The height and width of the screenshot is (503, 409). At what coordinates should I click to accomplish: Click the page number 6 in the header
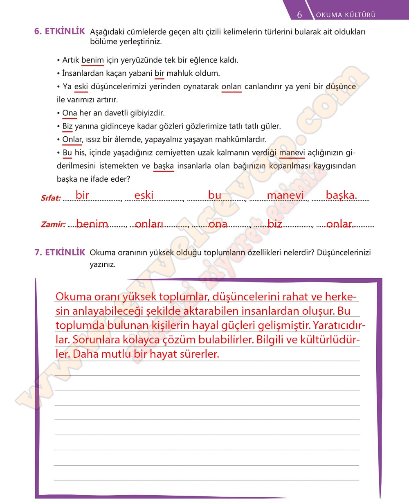coord(299,15)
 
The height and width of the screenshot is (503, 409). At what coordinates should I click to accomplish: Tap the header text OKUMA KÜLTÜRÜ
coord(346,15)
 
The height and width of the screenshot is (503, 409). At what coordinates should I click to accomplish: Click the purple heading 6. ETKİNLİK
coord(60,31)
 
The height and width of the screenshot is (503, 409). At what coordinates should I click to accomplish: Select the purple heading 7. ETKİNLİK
coord(60,253)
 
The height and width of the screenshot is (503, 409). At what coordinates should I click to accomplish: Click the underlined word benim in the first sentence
coord(92,60)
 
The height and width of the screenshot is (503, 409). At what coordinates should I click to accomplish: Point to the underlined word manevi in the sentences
coord(292,153)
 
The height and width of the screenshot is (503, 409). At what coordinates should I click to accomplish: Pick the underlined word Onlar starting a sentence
coord(72,140)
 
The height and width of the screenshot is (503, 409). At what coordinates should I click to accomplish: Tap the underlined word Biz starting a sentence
coord(67,126)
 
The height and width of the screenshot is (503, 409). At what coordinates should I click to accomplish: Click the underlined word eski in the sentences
coord(81,87)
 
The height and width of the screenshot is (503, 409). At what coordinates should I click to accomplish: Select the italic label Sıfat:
coord(51,198)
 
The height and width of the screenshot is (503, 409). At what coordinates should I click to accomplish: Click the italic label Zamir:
coord(53,224)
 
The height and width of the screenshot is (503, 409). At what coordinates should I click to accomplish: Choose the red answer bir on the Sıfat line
coord(82,195)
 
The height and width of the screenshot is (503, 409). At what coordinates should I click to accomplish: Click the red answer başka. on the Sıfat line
coord(341,195)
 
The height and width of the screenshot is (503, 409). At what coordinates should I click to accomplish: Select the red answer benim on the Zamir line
coord(92,224)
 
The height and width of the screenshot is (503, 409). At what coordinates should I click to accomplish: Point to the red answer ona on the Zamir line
coord(218,224)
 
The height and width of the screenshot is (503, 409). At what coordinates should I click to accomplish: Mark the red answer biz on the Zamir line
coord(275,224)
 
